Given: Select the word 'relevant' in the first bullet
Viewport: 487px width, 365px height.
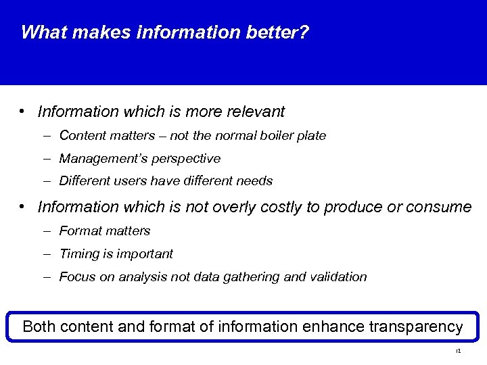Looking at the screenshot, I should [257, 112].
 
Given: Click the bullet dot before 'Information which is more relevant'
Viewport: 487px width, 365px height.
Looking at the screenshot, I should [22, 111].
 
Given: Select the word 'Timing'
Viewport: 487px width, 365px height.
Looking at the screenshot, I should [78, 254].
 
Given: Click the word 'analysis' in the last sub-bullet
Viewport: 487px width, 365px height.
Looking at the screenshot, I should [134, 277].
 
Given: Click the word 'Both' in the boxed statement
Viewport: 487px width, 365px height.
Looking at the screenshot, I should [39, 327].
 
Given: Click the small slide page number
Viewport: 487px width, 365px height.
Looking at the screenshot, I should [458, 351].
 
